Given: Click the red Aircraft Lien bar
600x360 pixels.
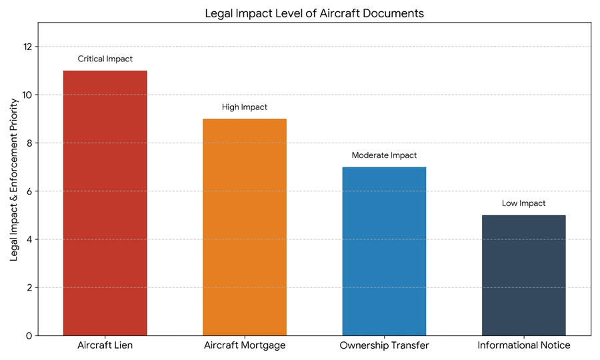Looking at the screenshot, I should pos(105,203).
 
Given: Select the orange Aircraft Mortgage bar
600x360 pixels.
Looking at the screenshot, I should pos(245,227).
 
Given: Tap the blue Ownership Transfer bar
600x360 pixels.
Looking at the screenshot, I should pos(384,251).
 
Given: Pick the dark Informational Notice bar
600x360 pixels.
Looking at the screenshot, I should pos(523,275).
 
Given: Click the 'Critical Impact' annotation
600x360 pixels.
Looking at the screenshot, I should pos(105,59).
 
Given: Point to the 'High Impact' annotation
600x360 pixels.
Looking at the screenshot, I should pos(245,107).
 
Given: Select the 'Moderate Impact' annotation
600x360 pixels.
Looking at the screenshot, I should pos(384,155).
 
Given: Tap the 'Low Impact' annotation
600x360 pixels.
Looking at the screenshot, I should pos(523,203).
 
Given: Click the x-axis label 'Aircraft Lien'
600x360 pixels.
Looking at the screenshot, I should pos(105,345).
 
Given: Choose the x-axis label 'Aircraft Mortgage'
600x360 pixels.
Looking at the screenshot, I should pos(245,345).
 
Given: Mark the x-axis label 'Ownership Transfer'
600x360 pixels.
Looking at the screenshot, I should pos(384,345).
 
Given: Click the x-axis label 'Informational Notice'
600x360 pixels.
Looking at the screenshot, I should pos(523,345).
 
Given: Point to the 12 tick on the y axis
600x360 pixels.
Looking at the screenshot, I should pos(27,47).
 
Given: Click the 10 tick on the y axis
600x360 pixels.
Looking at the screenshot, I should pos(27,95).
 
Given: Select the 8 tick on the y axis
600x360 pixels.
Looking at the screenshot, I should pos(27,143).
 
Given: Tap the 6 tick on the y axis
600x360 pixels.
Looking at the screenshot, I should pos(27,191).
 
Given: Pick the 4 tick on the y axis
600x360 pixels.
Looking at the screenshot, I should pos(27,239).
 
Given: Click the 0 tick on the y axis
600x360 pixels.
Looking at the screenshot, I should pos(27,335).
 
